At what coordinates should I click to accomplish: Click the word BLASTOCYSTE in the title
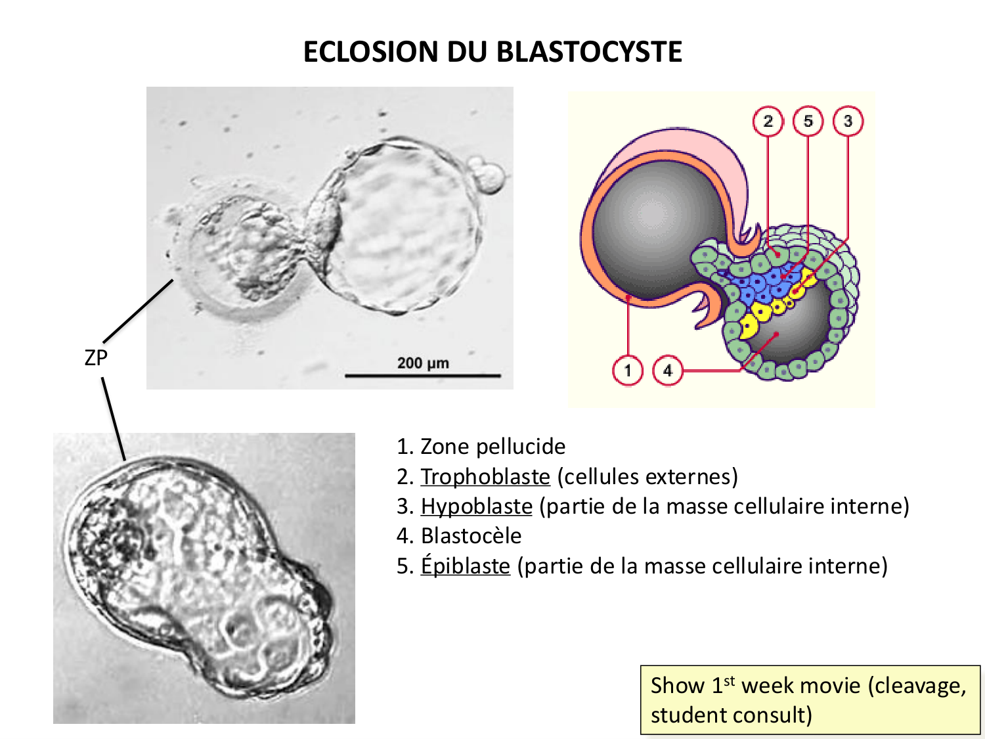click(x=589, y=52)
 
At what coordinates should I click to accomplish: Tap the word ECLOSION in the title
click(x=371, y=52)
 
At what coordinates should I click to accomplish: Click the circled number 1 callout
click(x=627, y=370)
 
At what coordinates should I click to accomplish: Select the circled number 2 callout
click(x=768, y=121)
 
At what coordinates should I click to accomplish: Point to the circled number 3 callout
click(x=847, y=121)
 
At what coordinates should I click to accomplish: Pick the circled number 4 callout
click(x=667, y=370)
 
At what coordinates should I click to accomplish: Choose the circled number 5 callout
click(x=808, y=121)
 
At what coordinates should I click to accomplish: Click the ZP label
click(x=96, y=358)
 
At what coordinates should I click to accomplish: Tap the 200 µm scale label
click(x=423, y=363)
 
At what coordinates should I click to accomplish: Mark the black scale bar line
click(x=423, y=376)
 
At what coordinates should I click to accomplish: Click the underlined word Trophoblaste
click(x=485, y=476)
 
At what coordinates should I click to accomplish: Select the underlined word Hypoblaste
click(x=477, y=506)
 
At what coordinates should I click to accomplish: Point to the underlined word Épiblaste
click(x=466, y=566)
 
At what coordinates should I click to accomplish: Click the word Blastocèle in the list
click(x=471, y=536)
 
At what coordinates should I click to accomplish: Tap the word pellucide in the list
click(x=521, y=447)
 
